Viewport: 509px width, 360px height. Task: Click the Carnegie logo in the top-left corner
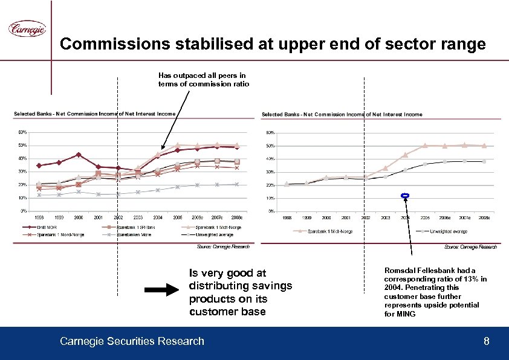27,28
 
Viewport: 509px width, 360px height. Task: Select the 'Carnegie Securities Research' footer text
132,342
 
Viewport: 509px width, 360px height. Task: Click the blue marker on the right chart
405,195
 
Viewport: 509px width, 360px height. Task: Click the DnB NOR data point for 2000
79,155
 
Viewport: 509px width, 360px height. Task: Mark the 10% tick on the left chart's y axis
22,198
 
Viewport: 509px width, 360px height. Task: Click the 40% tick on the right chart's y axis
270,158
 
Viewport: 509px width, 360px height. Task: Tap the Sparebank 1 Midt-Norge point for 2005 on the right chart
425,146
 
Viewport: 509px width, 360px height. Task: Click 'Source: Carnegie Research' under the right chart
470,247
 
